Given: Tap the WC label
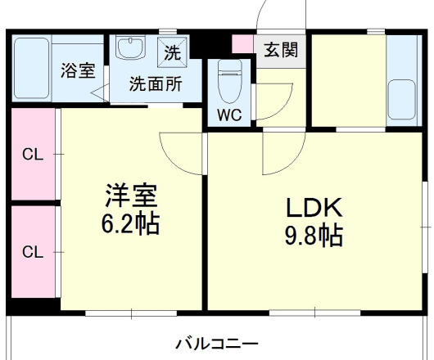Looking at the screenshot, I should (x=228, y=115).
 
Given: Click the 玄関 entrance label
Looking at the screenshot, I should (x=280, y=51).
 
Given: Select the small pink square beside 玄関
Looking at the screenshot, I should (x=242, y=43).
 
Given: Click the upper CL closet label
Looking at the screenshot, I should (x=32, y=153).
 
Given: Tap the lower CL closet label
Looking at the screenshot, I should (x=32, y=251).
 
